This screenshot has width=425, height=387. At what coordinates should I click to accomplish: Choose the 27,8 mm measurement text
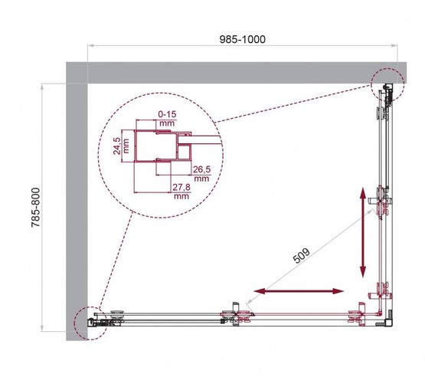pos(181,190)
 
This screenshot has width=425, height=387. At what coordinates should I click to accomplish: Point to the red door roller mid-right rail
pos(381,205)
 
